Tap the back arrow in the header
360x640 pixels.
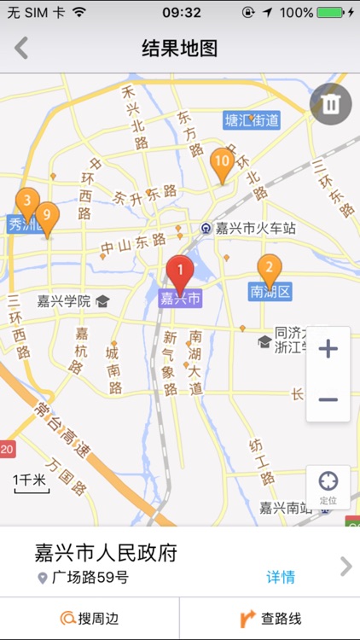coord(21,48)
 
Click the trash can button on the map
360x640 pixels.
coord(330,104)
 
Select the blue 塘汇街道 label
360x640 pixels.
coord(252,120)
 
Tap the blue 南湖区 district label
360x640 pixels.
coord(270,293)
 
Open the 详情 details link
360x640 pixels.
coord(281,577)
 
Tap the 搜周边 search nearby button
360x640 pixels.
coord(90,619)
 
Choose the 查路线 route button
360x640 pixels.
coord(270,619)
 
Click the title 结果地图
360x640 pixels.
coord(179,49)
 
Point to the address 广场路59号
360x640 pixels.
coord(89,578)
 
